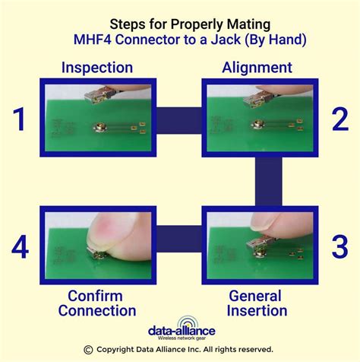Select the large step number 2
point(339,119)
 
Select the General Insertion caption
point(257,303)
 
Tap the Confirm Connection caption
point(102,303)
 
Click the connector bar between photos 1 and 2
point(179,119)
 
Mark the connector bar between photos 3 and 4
point(179,246)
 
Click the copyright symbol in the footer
point(88,350)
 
